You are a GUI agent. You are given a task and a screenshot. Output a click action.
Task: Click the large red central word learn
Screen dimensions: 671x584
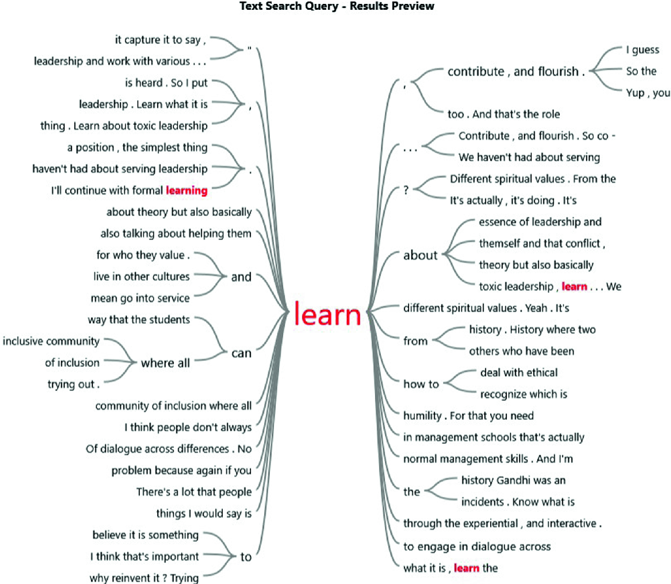[x=328, y=314]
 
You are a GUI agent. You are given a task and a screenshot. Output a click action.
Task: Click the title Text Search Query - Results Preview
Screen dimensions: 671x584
[x=336, y=6]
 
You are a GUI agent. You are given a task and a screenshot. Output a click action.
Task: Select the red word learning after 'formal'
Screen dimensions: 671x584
[x=187, y=191]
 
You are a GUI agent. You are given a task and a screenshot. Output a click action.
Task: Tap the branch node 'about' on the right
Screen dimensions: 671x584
[x=420, y=255]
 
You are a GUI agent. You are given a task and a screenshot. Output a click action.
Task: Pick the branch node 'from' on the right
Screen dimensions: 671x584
[x=415, y=341]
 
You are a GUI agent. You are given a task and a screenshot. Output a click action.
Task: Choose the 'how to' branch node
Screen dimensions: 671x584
[x=421, y=384]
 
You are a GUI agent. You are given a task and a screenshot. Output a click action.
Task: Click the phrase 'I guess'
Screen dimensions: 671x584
[x=642, y=50]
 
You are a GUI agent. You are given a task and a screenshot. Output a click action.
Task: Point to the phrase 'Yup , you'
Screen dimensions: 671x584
[x=648, y=93]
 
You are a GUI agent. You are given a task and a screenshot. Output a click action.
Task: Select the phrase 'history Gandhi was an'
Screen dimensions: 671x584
[x=513, y=480]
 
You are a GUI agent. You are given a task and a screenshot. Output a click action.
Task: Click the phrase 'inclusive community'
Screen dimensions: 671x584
[x=51, y=341]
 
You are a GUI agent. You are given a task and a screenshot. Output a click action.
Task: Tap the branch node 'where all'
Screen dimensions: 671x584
[x=165, y=363]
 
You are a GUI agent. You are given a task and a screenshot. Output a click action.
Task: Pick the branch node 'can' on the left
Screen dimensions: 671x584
[x=241, y=353]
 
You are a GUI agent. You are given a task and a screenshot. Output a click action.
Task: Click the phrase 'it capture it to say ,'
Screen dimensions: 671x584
[x=160, y=40]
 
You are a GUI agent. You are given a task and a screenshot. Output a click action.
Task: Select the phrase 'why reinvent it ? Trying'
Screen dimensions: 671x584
[x=144, y=578]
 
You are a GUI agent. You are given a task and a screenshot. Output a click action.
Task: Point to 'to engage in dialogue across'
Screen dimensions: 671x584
[x=477, y=546]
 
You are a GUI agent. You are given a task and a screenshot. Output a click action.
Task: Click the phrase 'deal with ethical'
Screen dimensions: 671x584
[x=519, y=373]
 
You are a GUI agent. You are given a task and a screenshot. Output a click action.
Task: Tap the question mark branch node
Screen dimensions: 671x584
[x=406, y=190]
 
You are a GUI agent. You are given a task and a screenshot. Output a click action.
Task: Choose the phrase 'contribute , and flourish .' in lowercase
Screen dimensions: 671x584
[x=516, y=72]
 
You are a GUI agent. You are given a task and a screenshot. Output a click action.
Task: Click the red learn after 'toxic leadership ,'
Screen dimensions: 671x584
[x=574, y=287]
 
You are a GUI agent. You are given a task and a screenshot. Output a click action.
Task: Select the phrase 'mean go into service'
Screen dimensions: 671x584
[x=140, y=298]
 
